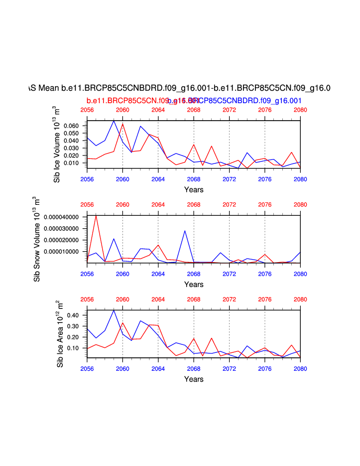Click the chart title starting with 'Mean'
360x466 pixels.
pos(180,88)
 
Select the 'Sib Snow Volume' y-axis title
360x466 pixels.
pos(37,239)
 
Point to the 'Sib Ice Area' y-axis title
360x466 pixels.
pos(60,334)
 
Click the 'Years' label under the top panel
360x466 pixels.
pos(194,189)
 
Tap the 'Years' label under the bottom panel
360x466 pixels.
pos(194,379)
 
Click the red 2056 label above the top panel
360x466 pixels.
pos(87,110)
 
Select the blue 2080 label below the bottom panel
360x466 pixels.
pos(300,368)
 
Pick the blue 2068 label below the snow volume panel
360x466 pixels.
pos(194,274)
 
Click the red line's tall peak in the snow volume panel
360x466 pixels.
pos(96,215)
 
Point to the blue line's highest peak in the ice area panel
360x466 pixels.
pos(114,310)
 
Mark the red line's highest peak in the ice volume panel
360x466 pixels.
pos(122,124)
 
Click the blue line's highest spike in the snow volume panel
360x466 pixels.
pos(185,231)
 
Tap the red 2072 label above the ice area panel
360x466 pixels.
pos(229,300)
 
